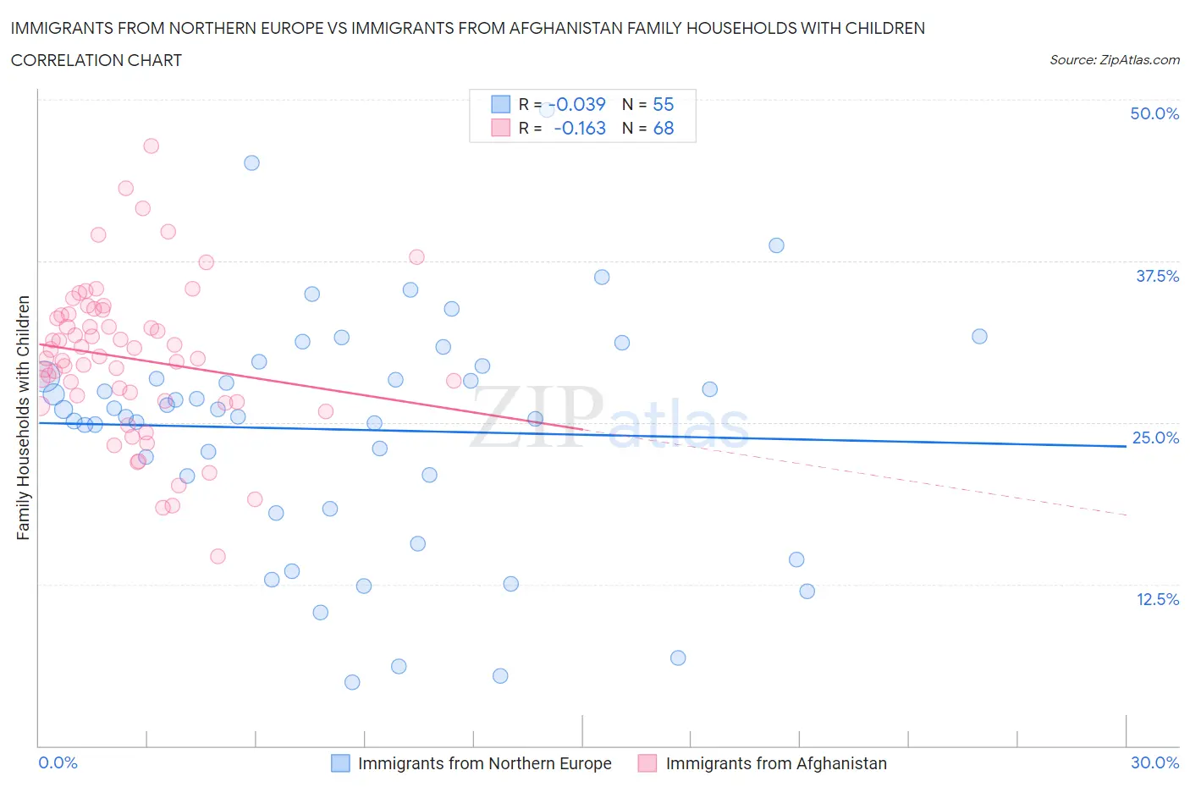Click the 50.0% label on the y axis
(1154, 113)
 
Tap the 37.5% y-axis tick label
(1156, 276)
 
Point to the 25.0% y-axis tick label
(1155, 438)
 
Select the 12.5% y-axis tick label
(1156, 599)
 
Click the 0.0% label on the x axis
(58, 762)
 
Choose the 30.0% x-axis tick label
(1154, 762)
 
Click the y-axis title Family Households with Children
(23, 417)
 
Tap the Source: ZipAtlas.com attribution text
(1114, 60)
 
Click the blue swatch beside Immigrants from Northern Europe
(340, 763)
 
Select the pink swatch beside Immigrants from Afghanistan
(647, 763)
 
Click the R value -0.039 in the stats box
(580, 104)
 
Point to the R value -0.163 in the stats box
(580, 128)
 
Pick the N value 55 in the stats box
(663, 104)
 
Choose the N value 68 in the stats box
(663, 128)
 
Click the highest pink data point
(151, 146)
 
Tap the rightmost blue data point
(979, 336)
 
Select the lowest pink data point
(218, 556)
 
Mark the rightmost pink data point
(454, 381)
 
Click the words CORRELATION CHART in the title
(96, 60)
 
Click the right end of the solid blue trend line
(1126, 446)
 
